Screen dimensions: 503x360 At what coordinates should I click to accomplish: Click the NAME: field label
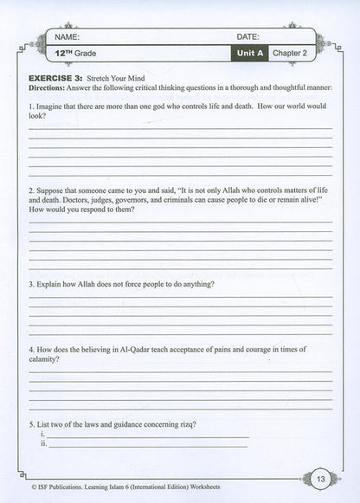(67, 37)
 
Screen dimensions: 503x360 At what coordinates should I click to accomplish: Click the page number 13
(319, 479)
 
